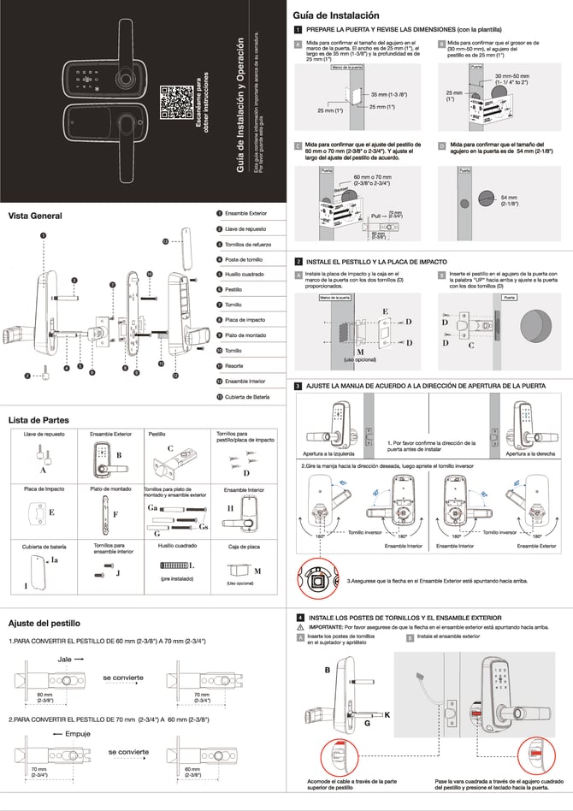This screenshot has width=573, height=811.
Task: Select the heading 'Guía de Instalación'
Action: click(x=336, y=15)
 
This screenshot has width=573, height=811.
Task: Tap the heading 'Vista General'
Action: click(x=35, y=216)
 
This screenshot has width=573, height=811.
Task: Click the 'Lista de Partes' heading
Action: click(x=38, y=420)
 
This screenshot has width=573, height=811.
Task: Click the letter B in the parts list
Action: click(x=119, y=455)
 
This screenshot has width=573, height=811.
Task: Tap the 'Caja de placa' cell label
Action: click(x=245, y=545)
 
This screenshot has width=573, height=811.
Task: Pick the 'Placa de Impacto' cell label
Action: click(x=43, y=489)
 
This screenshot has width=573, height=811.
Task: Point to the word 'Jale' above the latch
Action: click(x=65, y=660)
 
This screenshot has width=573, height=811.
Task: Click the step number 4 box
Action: click(x=299, y=617)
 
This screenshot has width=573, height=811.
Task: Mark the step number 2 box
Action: click(x=298, y=261)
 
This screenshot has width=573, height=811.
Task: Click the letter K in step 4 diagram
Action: click(x=387, y=713)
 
